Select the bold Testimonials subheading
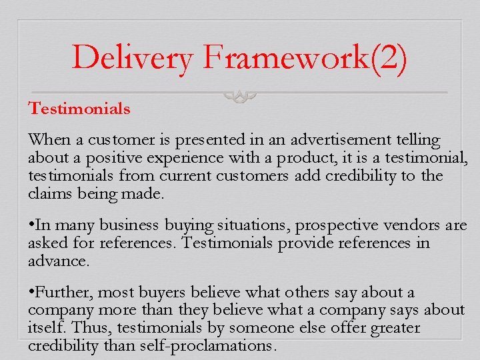click(79, 109)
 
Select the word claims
click(47, 193)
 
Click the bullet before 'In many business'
click(31, 225)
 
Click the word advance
click(57, 261)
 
